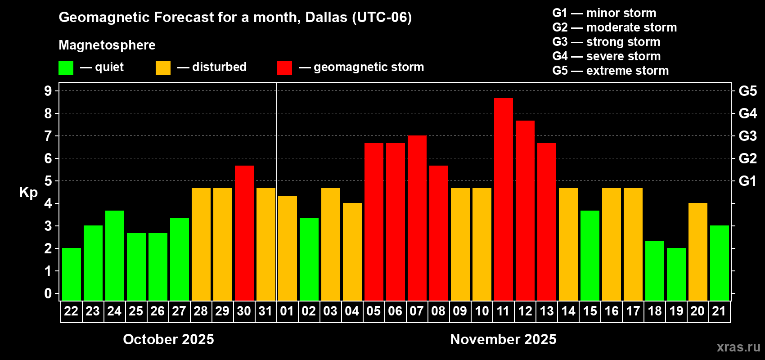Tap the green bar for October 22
click(x=71, y=274)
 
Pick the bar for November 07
click(x=417, y=218)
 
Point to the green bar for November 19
click(x=676, y=274)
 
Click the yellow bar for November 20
click(x=697, y=252)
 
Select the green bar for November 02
click(x=309, y=259)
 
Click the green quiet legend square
click(x=66, y=68)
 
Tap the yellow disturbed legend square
click(x=163, y=68)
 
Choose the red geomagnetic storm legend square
click(x=284, y=68)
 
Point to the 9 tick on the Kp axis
click(x=48, y=91)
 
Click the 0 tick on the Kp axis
click(x=48, y=294)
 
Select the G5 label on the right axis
click(x=747, y=91)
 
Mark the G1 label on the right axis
click(x=747, y=181)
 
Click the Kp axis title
click(x=28, y=192)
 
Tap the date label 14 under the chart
click(x=568, y=311)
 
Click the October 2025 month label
click(x=168, y=339)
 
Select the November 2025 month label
click(x=503, y=339)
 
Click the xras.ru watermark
click(x=738, y=347)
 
